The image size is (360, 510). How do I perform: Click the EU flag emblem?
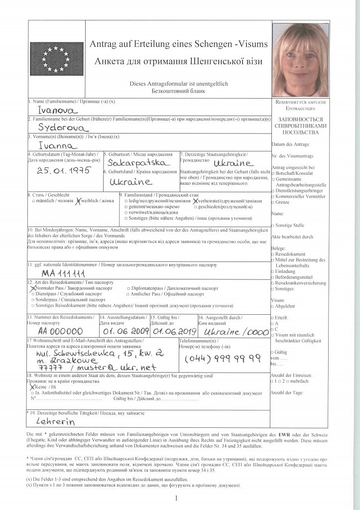point(56,57)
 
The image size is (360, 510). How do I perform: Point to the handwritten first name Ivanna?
point(59,145)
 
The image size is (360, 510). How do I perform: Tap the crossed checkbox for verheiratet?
point(195,200)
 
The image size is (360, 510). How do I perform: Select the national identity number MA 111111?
point(64,273)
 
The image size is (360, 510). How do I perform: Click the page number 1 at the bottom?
point(176,498)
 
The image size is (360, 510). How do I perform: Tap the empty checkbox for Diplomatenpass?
point(128,288)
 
